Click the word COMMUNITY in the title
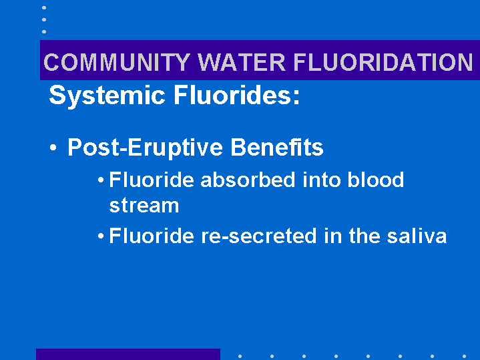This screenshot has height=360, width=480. coord(117,62)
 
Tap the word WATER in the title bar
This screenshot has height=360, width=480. coord(242,62)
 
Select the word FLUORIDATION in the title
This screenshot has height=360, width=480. coord(383,62)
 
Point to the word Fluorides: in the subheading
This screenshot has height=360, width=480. coord(236,95)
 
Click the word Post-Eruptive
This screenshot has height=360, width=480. coord(145,148)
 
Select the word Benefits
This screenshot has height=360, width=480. coord(277,147)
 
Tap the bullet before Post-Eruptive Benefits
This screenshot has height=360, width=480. coord(53,148)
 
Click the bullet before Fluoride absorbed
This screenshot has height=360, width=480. coord(101,180)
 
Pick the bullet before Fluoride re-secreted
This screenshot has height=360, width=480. coord(101,236)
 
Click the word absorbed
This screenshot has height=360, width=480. coord(248,180)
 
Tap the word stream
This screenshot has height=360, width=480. coord(144,206)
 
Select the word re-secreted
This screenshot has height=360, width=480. coord(258,236)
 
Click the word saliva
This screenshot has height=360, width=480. coord(417,236)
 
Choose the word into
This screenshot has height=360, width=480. coord(321,180)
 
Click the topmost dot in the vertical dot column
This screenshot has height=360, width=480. coord(44,7)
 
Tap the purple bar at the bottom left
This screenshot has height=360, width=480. coord(128,354)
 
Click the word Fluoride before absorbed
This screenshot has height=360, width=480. coord(152,180)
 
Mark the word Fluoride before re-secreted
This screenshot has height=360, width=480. coord(152,236)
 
